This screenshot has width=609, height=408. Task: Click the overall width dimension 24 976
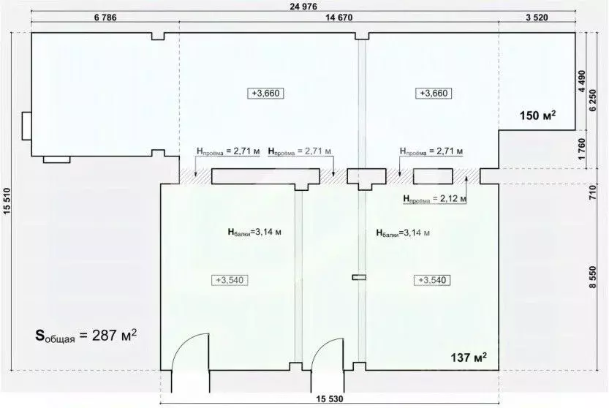[x=303, y=7]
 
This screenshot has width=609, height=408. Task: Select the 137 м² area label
[x=468, y=358]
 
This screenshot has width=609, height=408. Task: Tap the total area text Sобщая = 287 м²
[x=87, y=336]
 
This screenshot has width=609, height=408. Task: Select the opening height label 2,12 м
[x=434, y=197]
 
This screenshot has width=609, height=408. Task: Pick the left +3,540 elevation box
[x=232, y=279]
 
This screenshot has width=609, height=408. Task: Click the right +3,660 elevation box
[x=434, y=93]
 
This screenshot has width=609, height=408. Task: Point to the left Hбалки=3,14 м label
[x=254, y=233]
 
